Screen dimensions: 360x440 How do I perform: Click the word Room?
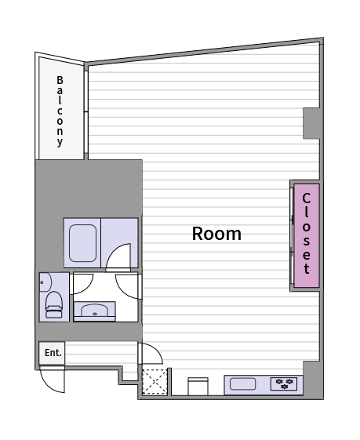click(216, 234)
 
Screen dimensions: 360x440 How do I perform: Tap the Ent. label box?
click(52, 353)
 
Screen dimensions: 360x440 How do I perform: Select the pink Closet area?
click(307, 235)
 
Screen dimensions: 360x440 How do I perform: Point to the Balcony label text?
click(60, 111)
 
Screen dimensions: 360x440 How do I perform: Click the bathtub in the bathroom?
click(82, 243)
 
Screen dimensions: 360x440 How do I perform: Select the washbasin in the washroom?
click(95, 310)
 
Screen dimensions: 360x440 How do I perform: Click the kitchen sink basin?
click(242, 384)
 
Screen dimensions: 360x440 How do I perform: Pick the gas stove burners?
click(284, 384)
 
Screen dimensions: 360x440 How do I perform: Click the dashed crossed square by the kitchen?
click(155, 381)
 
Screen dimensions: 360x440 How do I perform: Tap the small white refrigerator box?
click(198, 387)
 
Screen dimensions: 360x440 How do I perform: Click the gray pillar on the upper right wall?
click(311, 123)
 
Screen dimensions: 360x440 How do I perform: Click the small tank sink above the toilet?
click(45, 282)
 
